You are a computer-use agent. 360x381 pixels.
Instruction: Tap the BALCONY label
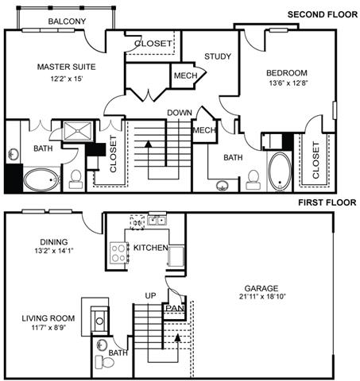(67, 21)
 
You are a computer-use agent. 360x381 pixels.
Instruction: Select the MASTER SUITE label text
(66, 67)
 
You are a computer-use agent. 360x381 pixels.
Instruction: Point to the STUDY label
(217, 56)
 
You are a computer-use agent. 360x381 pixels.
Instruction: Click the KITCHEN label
(150, 248)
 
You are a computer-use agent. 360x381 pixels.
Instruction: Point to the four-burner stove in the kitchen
(119, 253)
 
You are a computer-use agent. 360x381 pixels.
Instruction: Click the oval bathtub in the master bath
(41, 179)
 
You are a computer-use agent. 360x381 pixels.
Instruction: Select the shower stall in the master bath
(78, 132)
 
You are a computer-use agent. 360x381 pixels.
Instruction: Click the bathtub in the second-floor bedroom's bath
(279, 171)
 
